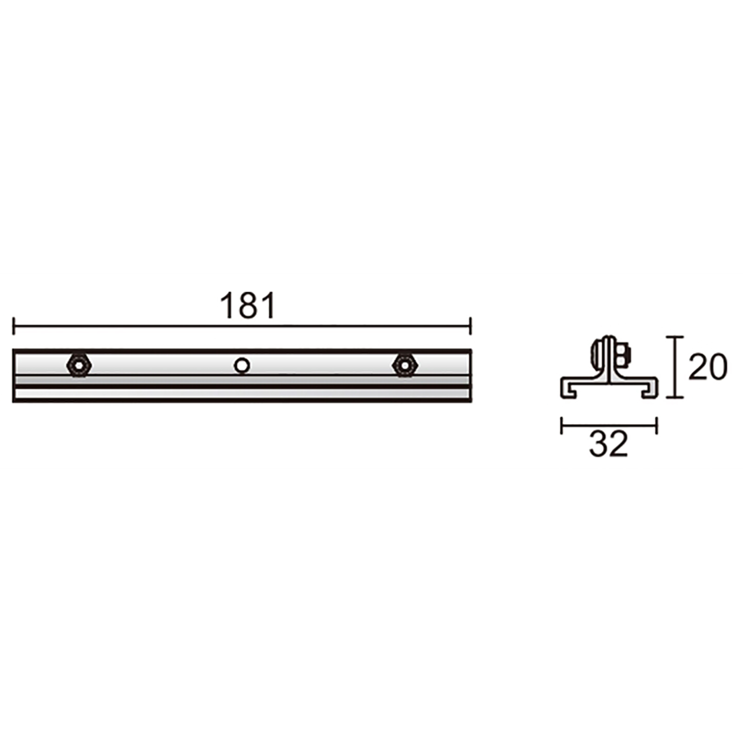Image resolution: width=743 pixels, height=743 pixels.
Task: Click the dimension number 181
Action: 248,306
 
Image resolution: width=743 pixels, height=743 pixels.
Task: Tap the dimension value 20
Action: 708,367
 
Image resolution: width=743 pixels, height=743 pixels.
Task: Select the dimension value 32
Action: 609,444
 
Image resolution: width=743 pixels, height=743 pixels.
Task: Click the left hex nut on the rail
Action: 79,365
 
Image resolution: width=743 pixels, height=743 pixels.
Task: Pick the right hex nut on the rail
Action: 405,365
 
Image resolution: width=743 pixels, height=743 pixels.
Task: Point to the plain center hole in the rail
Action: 241,365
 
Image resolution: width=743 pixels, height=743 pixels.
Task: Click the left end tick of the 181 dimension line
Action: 13,326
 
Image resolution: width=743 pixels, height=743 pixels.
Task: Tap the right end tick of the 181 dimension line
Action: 470,326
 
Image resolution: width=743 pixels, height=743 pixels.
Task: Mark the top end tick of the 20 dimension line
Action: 674,337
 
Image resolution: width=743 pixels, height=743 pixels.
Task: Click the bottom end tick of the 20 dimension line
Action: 674,397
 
